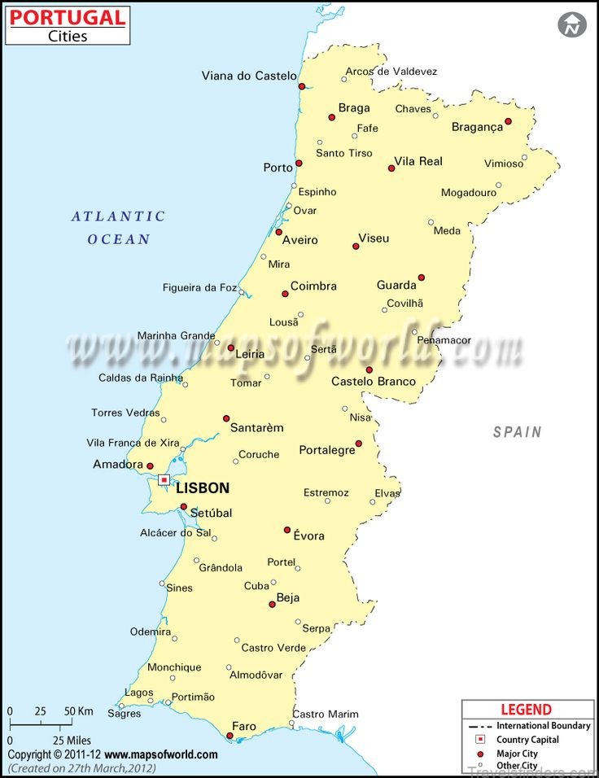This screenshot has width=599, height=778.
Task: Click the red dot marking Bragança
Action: pos(508,121)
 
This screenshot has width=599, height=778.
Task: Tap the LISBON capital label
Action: pos(203,488)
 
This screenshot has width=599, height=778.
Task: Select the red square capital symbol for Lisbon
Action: pos(164,480)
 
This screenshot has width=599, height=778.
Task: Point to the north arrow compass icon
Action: pos(572,24)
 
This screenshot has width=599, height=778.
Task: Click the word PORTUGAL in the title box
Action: pos(68,17)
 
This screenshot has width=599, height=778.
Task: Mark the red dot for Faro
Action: pos(230,736)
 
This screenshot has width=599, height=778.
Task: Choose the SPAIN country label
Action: pos(517,432)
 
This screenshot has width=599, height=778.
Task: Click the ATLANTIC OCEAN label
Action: pos(119,228)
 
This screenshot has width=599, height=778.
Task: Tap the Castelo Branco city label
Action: pos(374,382)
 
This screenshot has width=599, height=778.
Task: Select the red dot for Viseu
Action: pos(356,246)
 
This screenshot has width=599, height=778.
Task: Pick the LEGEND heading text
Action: pos(526,710)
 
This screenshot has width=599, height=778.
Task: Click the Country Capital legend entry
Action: pos(528,740)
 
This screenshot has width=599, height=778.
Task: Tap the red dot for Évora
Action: pos(287,530)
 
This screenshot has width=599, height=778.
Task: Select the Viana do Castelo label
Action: pos(249,76)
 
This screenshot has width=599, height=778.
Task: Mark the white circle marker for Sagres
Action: pos(121,706)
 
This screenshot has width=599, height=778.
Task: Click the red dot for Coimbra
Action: pos(285,294)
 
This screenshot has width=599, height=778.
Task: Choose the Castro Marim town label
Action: pos(325,714)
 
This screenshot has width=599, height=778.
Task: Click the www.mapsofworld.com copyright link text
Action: pos(161,754)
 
